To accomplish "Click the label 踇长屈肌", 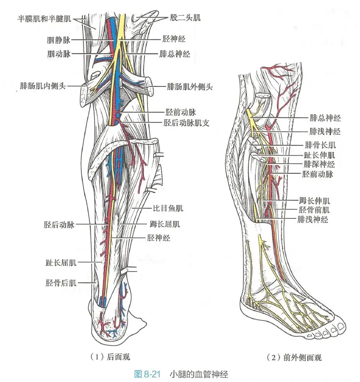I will point(165,224).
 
